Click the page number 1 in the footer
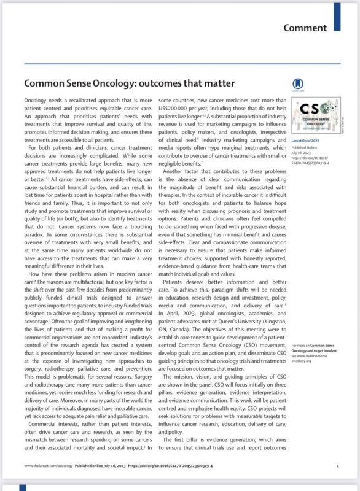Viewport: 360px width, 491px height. (x=338, y=483)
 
